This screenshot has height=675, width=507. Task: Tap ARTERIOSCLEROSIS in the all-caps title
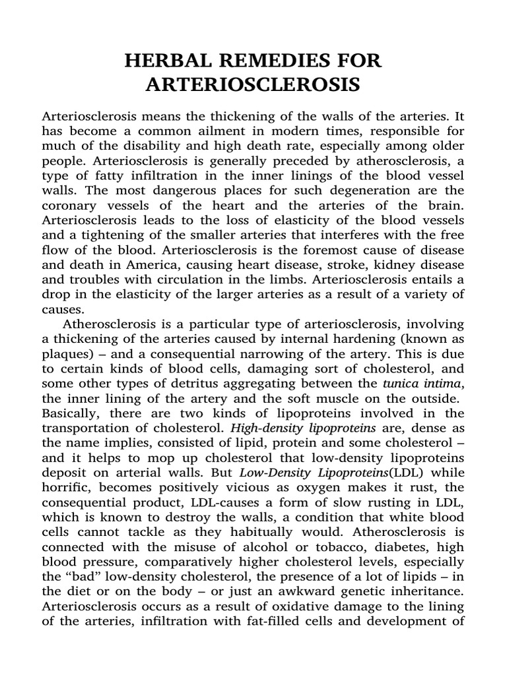click(x=253, y=86)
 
